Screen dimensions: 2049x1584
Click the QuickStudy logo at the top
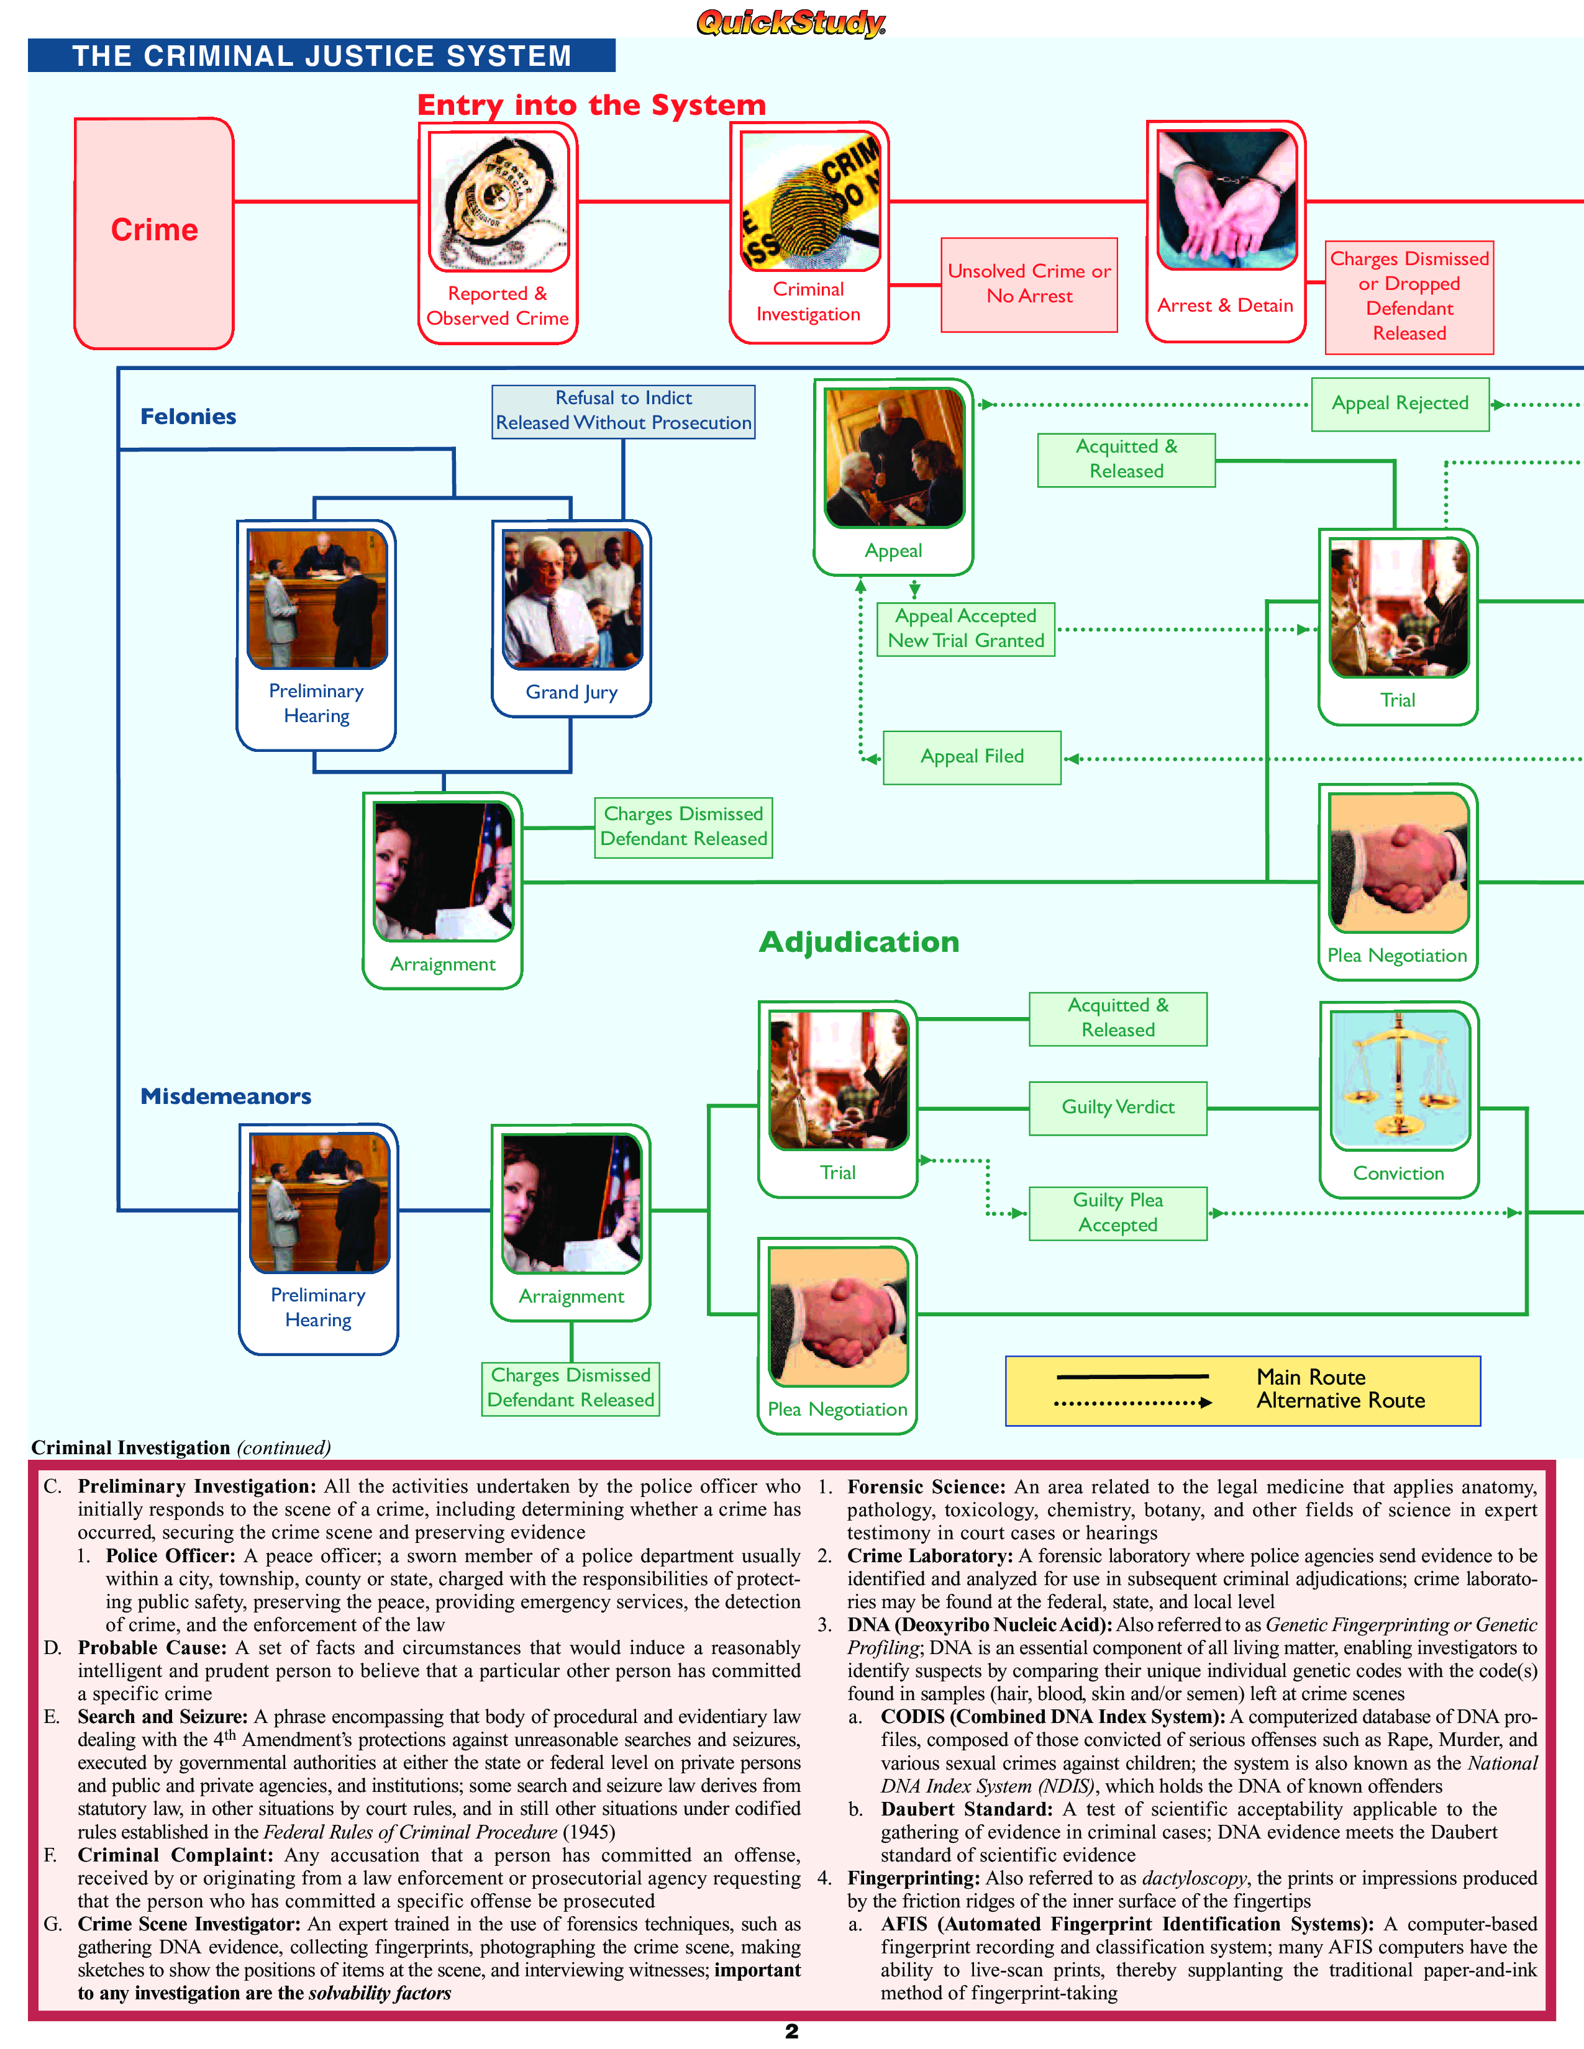(790, 22)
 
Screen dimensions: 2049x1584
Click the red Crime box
(154, 233)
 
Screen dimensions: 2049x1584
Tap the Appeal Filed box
(972, 757)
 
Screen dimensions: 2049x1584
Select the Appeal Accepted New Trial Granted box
(965, 628)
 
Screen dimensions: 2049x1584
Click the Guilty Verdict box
(1117, 1108)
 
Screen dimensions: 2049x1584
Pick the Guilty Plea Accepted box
(1117, 1213)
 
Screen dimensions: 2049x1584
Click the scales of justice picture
(1398, 1079)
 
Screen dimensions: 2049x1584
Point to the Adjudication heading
(858, 942)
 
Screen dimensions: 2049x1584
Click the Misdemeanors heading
(225, 1096)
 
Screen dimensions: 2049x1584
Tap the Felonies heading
(188, 417)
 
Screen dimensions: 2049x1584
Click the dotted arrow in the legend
(1132, 1403)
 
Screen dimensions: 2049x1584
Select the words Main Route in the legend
(1310, 1377)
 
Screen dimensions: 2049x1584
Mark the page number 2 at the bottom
(791, 2031)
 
